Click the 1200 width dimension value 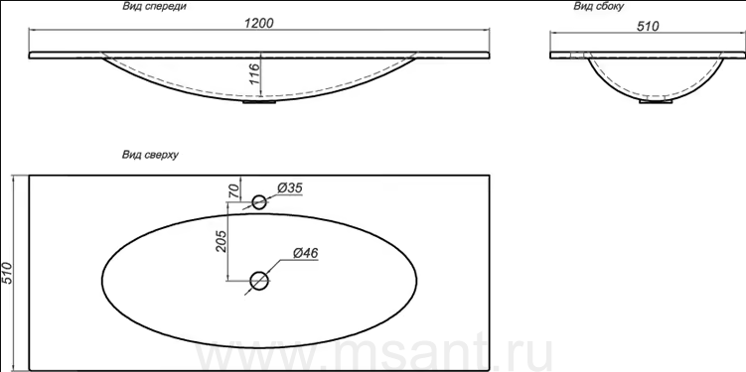click(x=259, y=23)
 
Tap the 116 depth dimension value click(x=254, y=74)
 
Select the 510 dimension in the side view click(x=648, y=26)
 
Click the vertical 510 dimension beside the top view click(x=8, y=273)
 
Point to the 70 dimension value click(x=233, y=191)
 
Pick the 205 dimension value click(x=222, y=241)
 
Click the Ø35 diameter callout click(x=289, y=188)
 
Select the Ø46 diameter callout click(x=305, y=253)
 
